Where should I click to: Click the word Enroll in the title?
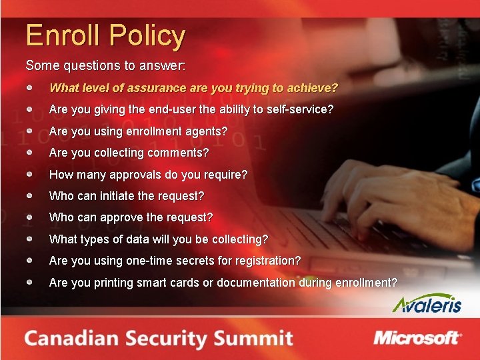coord(61,35)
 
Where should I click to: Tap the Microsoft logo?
coord(417,337)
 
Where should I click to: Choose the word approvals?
coord(155,175)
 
